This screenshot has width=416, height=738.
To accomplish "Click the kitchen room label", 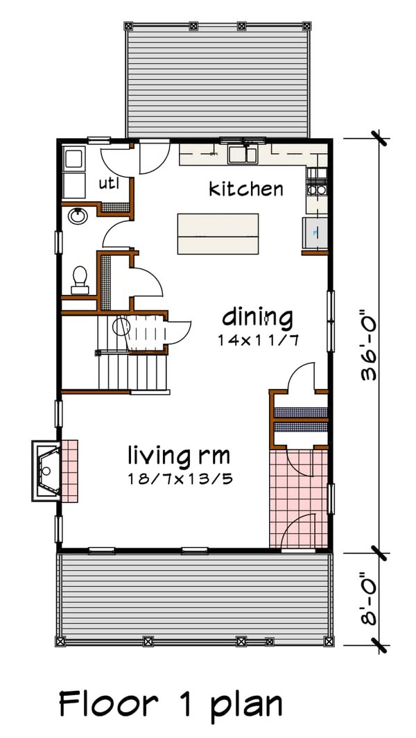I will coord(246,189).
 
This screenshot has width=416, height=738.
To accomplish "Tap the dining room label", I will coord(257,318).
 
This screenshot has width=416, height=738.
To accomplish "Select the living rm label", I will coord(178,456).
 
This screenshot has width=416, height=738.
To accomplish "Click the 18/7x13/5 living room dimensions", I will coord(179,479).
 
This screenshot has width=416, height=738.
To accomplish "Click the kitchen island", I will coord(218,234).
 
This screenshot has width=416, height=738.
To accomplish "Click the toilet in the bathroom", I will coord(80,278).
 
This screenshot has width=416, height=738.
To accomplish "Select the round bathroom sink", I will coord(78,217).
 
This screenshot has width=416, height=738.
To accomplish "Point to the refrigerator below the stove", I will coord(314,232).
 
